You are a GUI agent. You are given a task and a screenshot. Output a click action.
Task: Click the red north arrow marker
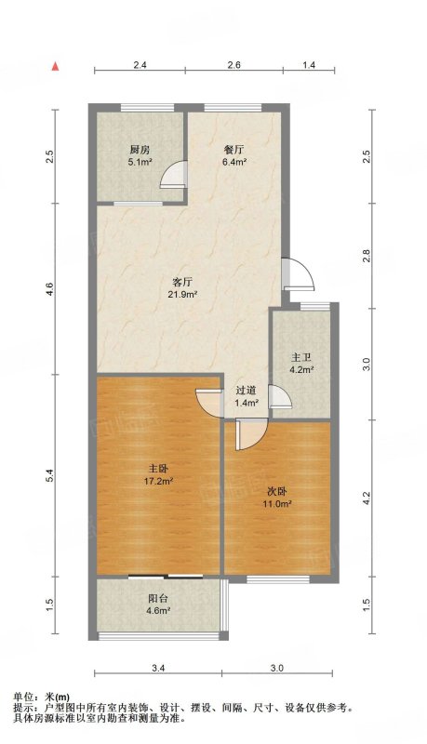pos(56,67)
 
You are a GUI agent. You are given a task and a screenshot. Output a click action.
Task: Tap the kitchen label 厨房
pos(140,151)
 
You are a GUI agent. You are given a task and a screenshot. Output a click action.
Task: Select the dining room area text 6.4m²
pos(234,162)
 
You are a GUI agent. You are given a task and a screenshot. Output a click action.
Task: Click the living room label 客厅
pos(182,283)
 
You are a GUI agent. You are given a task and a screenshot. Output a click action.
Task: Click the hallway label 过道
pos(247,391)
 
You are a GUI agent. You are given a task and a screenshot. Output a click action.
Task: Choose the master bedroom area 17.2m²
pos(158,481)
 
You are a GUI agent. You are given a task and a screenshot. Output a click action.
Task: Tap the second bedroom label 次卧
pos(277,492)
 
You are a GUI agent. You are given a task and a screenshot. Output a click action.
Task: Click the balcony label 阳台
pos(158,599)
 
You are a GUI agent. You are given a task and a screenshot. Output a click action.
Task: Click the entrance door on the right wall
pos(298,273)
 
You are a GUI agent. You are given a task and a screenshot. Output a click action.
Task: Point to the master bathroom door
pos(280,397)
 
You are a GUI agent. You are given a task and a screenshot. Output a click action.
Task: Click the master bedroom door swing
pos(208,405)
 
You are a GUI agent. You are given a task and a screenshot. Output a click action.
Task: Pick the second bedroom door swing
pos(251,435)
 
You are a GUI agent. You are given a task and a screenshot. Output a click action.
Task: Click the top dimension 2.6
pos(234,65)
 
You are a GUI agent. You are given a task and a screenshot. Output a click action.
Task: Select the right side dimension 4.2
pos(366,498)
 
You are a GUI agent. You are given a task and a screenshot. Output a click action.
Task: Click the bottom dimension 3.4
pos(158,669)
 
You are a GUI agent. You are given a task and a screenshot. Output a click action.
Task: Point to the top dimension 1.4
pos(309,65)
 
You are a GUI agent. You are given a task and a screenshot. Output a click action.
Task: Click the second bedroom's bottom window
pos(278,579)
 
